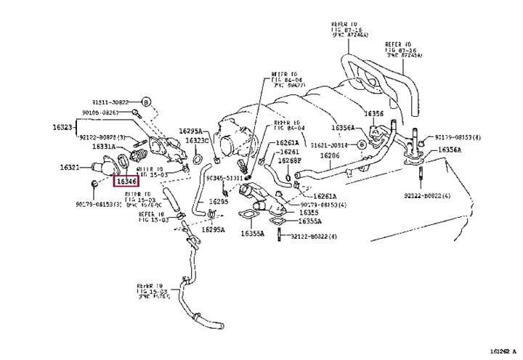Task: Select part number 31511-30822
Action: click(111, 102)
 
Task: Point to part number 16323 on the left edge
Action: click(62, 127)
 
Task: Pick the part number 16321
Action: click(70, 168)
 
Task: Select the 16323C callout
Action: click(196, 140)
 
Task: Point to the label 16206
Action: click(330, 156)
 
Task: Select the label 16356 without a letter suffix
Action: click(373, 113)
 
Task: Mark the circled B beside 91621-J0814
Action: click(361, 145)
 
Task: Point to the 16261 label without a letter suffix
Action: click(289, 152)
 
